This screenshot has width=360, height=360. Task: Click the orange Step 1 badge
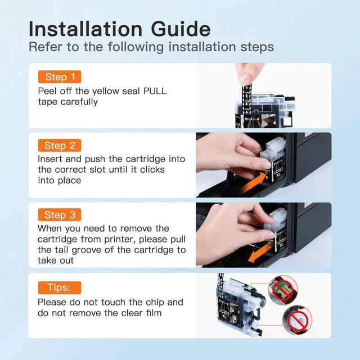click(60, 76)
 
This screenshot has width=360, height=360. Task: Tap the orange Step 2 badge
click(60, 145)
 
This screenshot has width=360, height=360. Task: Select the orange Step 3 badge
click(60, 215)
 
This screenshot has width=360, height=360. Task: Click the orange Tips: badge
click(60, 287)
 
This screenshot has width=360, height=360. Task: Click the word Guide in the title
click(181, 29)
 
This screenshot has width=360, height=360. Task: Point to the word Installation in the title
click(85, 29)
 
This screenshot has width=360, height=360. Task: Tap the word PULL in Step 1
click(155, 91)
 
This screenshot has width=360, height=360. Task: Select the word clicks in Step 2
click(152, 170)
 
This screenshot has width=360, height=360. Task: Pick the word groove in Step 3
click(86, 250)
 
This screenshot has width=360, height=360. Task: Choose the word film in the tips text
click(154, 313)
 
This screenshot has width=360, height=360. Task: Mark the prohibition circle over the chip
click(281, 289)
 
